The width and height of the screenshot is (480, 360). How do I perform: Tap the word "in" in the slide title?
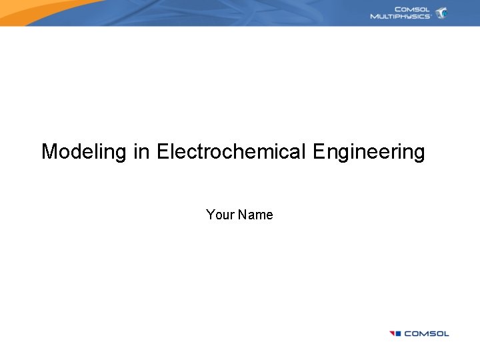tap(141, 152)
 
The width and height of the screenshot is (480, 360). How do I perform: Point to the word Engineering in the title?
tap(368, 152)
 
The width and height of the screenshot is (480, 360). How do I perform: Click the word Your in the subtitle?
tap(220, 215)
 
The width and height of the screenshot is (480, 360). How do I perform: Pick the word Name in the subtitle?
tap(255, 215)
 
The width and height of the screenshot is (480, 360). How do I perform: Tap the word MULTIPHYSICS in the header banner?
tap(400, 16)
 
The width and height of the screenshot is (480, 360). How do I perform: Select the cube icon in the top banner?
tap(441, 13)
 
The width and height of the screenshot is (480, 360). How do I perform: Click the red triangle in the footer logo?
tap(392, 333)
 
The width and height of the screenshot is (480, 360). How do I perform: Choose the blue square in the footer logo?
tap(398, 333)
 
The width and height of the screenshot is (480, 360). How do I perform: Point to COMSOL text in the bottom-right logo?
tap(427, 333)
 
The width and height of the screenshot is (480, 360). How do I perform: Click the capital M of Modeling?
tap(49, 152)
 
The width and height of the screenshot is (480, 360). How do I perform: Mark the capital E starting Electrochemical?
tap(163, 152)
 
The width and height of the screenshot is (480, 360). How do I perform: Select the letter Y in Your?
tap(211, 215)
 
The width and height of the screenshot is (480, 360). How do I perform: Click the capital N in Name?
tap(243, 215)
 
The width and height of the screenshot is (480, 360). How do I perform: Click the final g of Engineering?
tap(419, 153)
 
